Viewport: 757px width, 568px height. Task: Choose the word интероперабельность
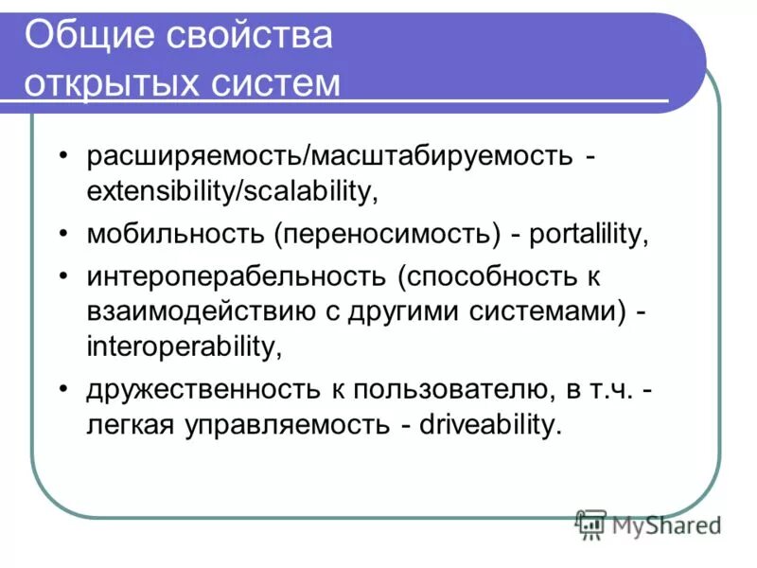tap(237, 277)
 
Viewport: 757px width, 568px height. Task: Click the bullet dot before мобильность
tap(62, 234)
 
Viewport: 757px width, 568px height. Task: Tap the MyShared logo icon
tap(590, 523)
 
